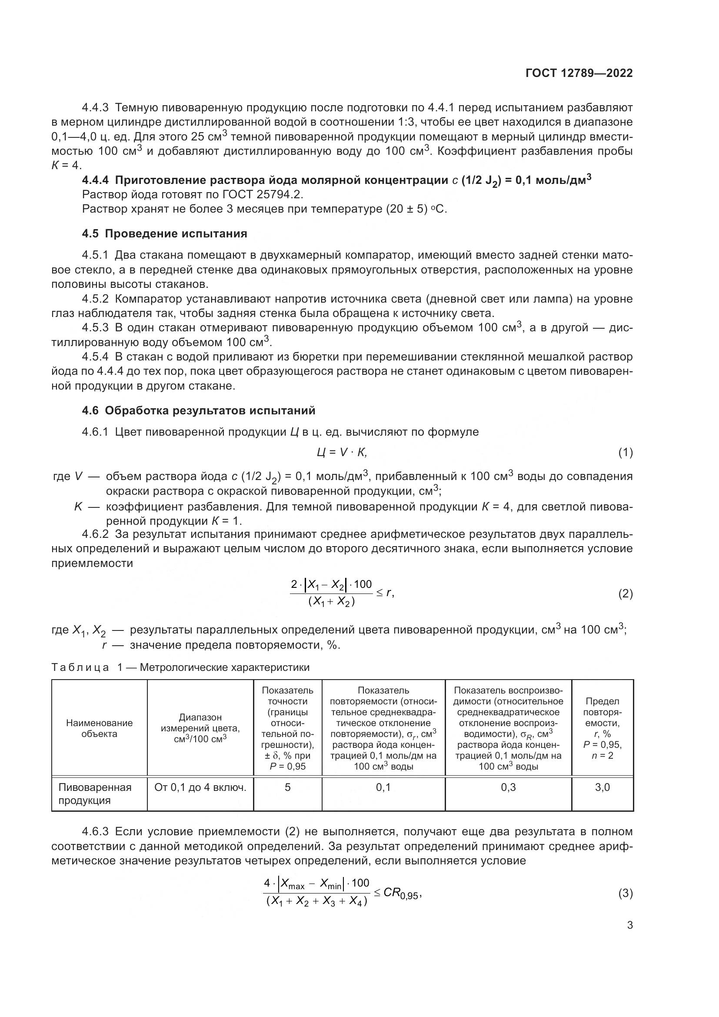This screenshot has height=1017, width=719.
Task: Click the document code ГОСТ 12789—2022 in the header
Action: point(579,73)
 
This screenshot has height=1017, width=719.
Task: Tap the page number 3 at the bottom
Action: point(629,925)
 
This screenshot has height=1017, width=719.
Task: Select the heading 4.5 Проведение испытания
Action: point(164,233)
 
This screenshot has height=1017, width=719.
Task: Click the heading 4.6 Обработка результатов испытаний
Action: point(198,410)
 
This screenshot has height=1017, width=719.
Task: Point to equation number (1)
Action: point(625,453)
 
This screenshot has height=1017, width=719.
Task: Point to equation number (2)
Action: point(625,594)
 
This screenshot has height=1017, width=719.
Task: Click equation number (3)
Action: point(625,894)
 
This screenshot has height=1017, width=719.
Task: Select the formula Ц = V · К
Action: point(341,453)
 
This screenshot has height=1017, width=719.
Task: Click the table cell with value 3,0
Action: point(602,787)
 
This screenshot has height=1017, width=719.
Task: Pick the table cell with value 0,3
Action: point(508,787)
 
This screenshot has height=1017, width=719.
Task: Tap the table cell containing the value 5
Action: point(287,787)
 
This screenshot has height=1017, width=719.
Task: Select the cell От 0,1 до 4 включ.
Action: point(200,787)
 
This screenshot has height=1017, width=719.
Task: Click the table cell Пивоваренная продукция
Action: point(95,794)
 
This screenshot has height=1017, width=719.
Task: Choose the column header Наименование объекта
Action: point(99,728)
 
